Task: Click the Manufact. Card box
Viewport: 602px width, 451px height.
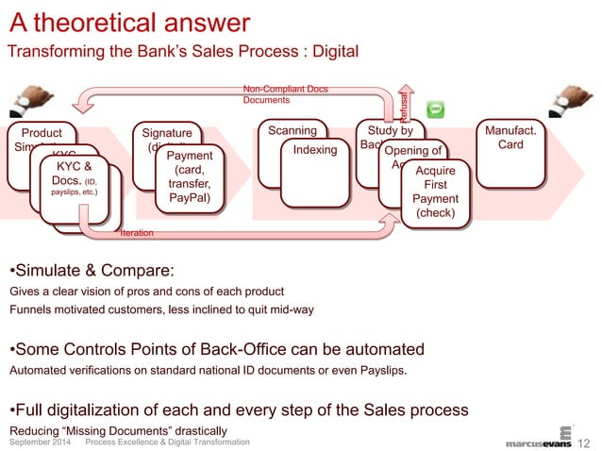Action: [509, 151]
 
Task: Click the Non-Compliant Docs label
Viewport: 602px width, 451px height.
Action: [285, 90]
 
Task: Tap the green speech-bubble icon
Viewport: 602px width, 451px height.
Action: [436, 110]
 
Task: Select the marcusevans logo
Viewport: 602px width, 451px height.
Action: [538, 440]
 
